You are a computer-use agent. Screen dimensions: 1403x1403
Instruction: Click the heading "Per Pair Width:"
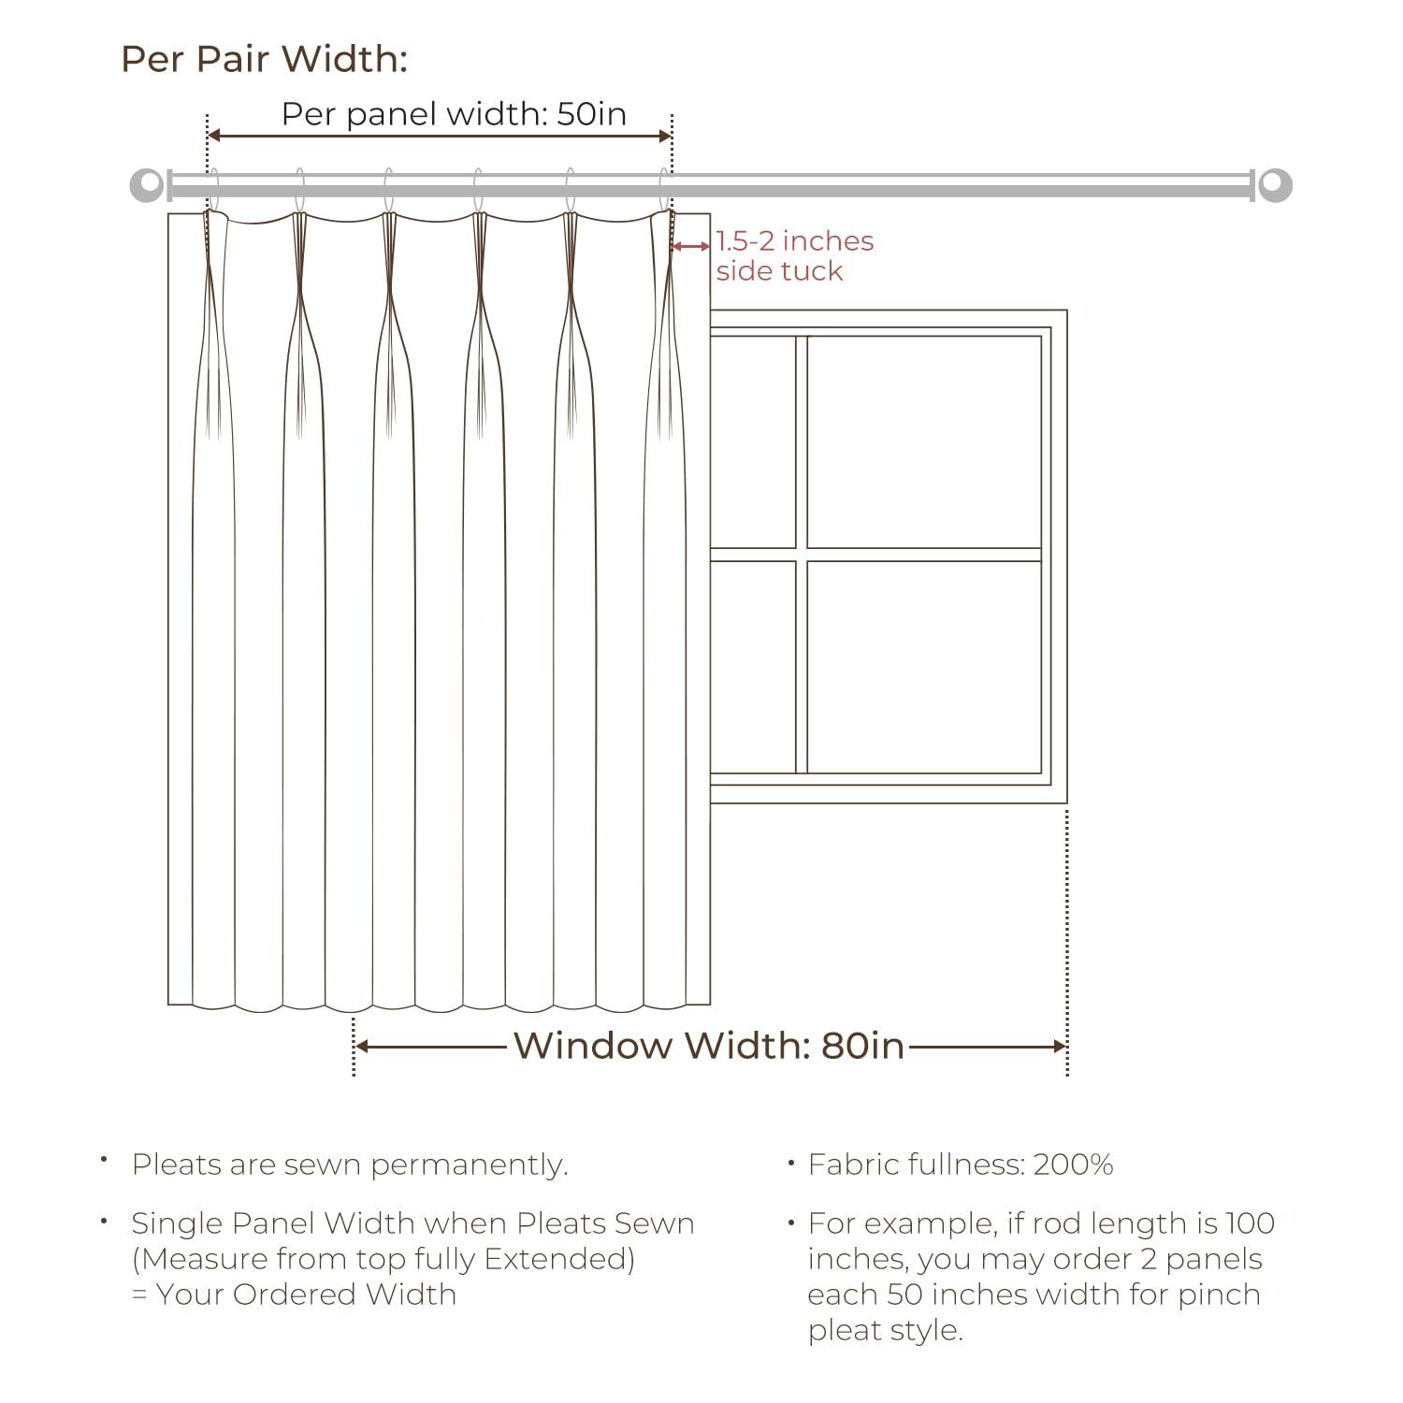pos(265,59)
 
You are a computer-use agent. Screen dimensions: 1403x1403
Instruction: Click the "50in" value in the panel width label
pos(591,114)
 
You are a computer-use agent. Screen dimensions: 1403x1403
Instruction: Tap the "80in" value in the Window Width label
pos(862,1046)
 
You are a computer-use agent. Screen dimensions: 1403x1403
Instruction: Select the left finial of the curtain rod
pos(146,185)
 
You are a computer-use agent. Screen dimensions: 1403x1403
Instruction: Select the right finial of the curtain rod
pos(1275,185)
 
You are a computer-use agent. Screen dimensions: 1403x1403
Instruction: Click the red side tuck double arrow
pos(691,246)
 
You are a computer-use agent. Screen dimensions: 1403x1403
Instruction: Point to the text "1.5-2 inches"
pos(795,241)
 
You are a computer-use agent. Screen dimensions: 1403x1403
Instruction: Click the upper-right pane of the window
pos(924,441)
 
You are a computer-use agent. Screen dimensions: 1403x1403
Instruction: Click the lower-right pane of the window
pos(924,667)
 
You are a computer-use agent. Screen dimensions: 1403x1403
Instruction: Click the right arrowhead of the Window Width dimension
pos(1060,1046)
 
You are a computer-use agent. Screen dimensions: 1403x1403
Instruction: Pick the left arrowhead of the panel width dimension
pos(212,136)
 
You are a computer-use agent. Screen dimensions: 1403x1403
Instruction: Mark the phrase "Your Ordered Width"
pos(306,1295)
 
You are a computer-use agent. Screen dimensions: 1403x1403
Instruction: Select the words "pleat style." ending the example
pos(886,1330)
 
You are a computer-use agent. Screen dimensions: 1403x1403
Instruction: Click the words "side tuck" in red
pos(779,271)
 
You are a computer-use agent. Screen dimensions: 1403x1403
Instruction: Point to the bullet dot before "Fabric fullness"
pos(791,1164)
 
